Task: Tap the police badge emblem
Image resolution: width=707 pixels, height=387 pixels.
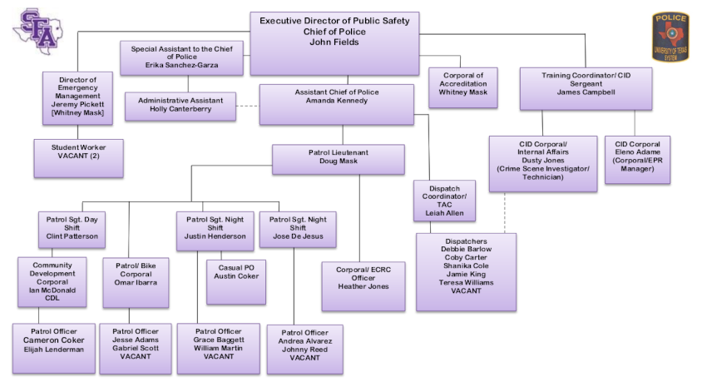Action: [670, 37]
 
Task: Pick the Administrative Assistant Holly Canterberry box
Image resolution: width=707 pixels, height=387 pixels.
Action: [180, 106]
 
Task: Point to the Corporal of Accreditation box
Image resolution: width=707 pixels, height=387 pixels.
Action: [463, 86]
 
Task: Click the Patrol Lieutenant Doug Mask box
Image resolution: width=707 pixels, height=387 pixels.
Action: [338, 158]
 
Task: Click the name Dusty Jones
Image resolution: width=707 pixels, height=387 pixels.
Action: [542, 161]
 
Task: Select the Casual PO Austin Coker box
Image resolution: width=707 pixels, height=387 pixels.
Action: [235, 281]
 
